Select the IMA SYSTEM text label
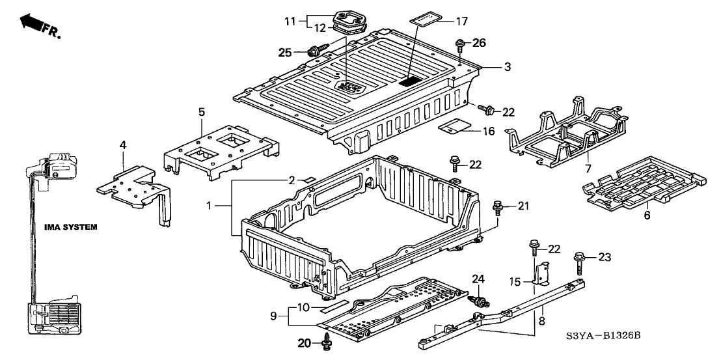71,227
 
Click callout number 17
461,21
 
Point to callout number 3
508,66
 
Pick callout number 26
479,44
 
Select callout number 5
202,112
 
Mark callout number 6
647,214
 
